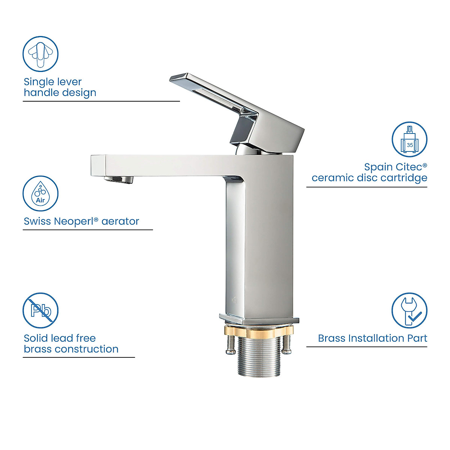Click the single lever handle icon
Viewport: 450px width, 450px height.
[x=40, y=54]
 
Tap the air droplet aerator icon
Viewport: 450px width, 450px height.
[x=40, y=193]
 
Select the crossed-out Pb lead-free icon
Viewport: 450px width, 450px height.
[x=40, y=310]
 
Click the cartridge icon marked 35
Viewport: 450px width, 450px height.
[x=409, y=139]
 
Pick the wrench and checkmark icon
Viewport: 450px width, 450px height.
[x=409, y=310]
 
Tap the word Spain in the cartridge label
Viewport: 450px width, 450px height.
[x=378, y=167]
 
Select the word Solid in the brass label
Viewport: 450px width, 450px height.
[x=36, y=338]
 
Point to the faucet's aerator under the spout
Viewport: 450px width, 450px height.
[x=119, y=179]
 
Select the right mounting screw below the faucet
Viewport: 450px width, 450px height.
[x=286, y=344]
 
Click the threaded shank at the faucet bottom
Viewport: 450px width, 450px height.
[x=259, y=356]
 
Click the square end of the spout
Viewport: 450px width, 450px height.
[x=98, y=165]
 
